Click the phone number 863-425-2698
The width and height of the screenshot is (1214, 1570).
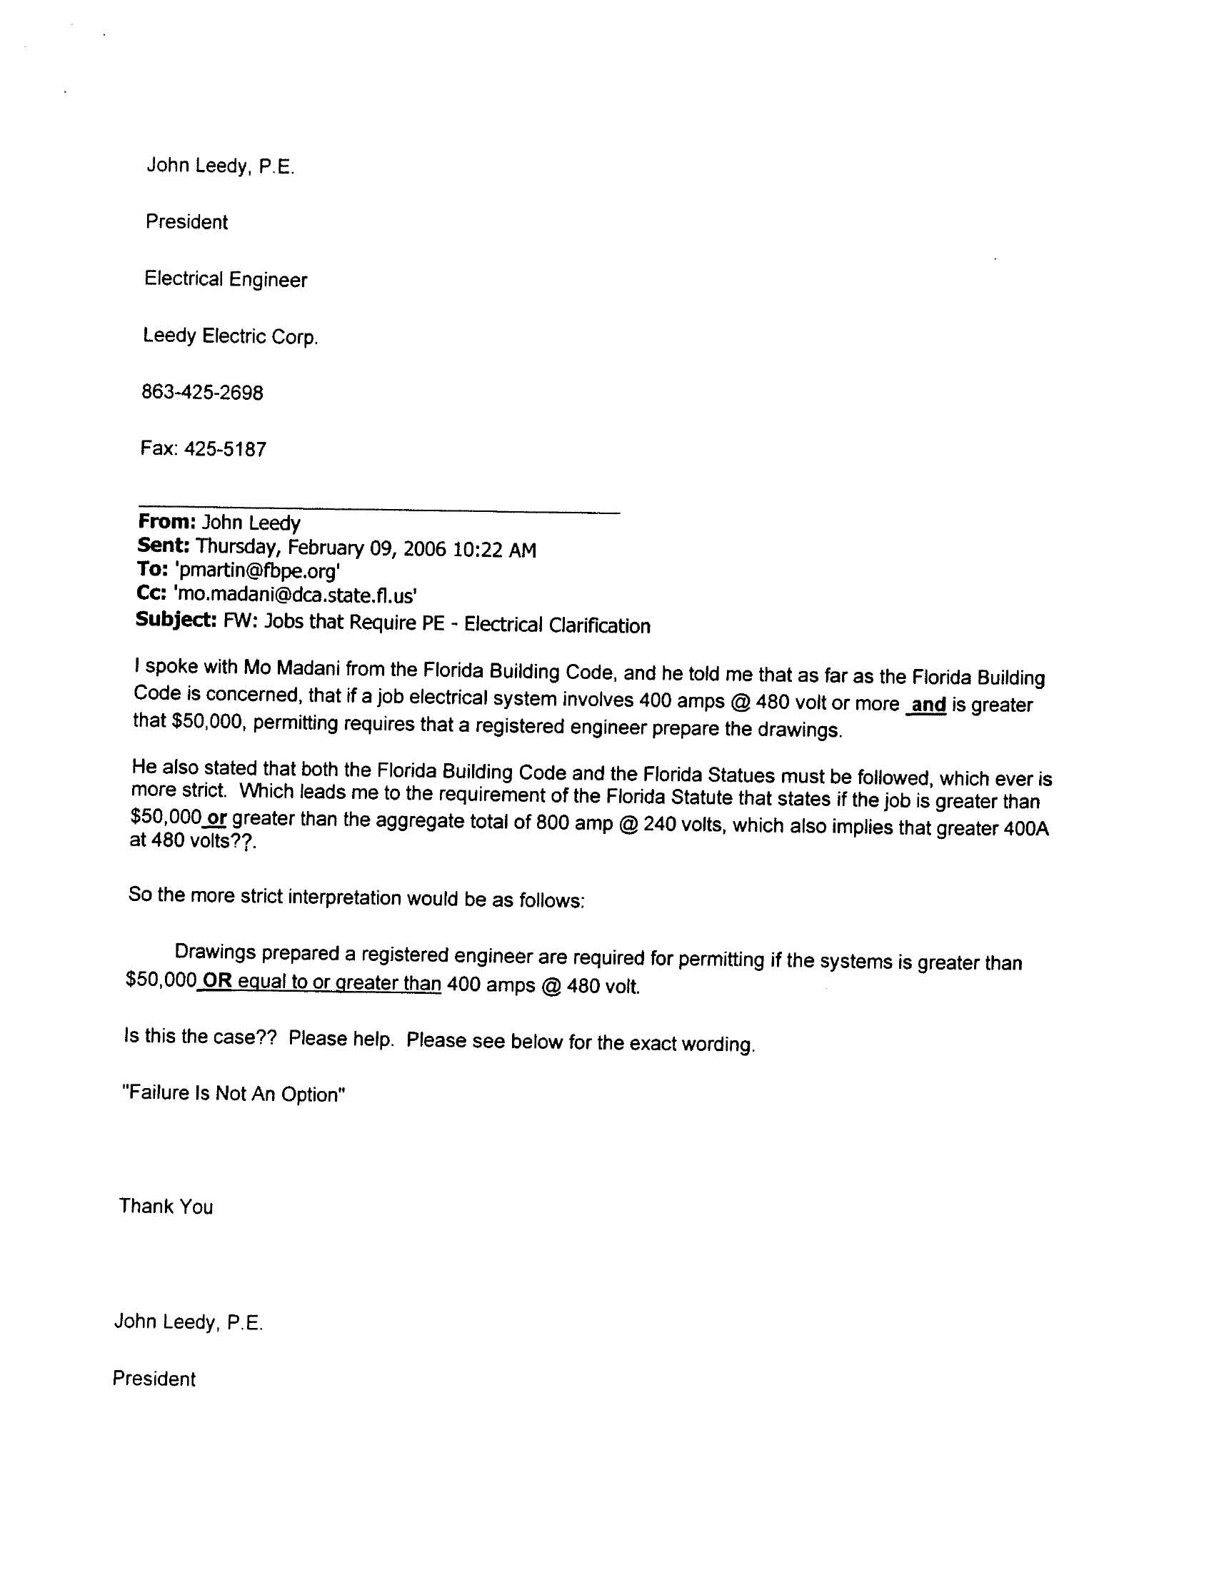click(202, 393)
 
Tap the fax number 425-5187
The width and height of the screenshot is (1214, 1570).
click(225, 449)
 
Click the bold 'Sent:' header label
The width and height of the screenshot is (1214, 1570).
click(164, 545)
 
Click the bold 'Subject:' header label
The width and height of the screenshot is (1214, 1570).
click(176, 620)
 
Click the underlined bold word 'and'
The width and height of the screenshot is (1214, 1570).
click(928, 705)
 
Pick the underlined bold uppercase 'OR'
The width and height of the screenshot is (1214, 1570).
click(217, 981)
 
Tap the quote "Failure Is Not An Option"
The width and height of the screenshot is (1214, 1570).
click(234, 1094)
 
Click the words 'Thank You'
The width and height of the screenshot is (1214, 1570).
click(166, 1207)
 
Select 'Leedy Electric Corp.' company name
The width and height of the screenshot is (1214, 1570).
click(230, 336)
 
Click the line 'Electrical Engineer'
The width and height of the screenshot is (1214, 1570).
click(226, 279)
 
